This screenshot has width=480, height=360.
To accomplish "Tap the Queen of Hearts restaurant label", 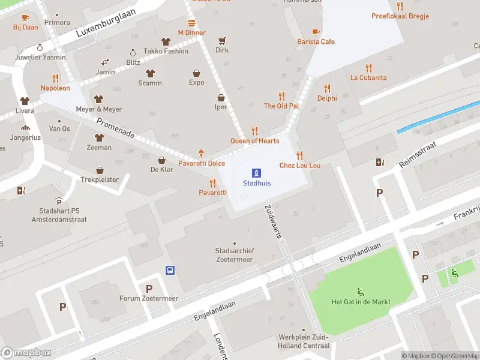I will pyautogui.click(x=254, y=141).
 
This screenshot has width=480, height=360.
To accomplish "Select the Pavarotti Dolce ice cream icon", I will pyautogui.click(x=201, y=154).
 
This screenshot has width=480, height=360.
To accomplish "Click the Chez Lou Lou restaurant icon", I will pyautogui.click(x=299, y=155).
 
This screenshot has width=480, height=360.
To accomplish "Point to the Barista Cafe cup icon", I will pyautogui.click(x=316, y=32).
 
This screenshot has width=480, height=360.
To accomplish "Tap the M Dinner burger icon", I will pyautogui.click(x=191, y=23).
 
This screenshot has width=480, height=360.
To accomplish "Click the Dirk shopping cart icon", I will pyautogui.click(x=222, y=41).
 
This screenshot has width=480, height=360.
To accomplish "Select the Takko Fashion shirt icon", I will pyautogui.click(x=166, y=41).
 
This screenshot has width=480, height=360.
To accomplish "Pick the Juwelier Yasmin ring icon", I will pyautogui.click(x=40, y=47).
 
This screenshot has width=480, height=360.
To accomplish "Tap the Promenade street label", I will pyautogui.click(x=116, y=127).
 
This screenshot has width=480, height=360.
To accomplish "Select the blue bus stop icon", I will pyautogui.click(x=170, y=270).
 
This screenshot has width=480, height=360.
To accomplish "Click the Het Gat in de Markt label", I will pyautogui.click(x=361, y=302).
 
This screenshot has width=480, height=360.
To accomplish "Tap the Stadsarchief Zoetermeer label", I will pyautogui.click(x=234, y=255).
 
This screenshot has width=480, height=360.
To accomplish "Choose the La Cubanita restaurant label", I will pyautogui.click(x=368, y=77).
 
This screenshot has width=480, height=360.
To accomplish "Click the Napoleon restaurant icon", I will pyautogui.click(x=55, y=78).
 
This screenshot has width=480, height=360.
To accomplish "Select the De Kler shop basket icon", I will pyautogui.click(x=161, y=160).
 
